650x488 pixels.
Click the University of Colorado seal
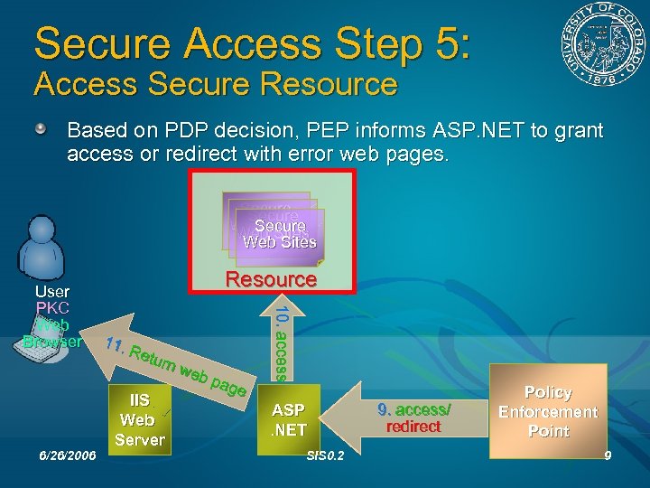[x=600, y=47]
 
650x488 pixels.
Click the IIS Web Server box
[x=139, y=418]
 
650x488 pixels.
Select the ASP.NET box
[x=289, y=418]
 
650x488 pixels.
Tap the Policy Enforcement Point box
[x=548, y=411]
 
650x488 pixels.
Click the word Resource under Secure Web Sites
[x=271, y=279]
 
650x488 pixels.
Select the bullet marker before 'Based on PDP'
[x=42, y=130]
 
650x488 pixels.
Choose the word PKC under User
[x=52, y=308]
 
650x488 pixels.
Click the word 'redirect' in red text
[x=413, y=427]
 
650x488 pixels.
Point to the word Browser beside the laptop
[x=52, y=341]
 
